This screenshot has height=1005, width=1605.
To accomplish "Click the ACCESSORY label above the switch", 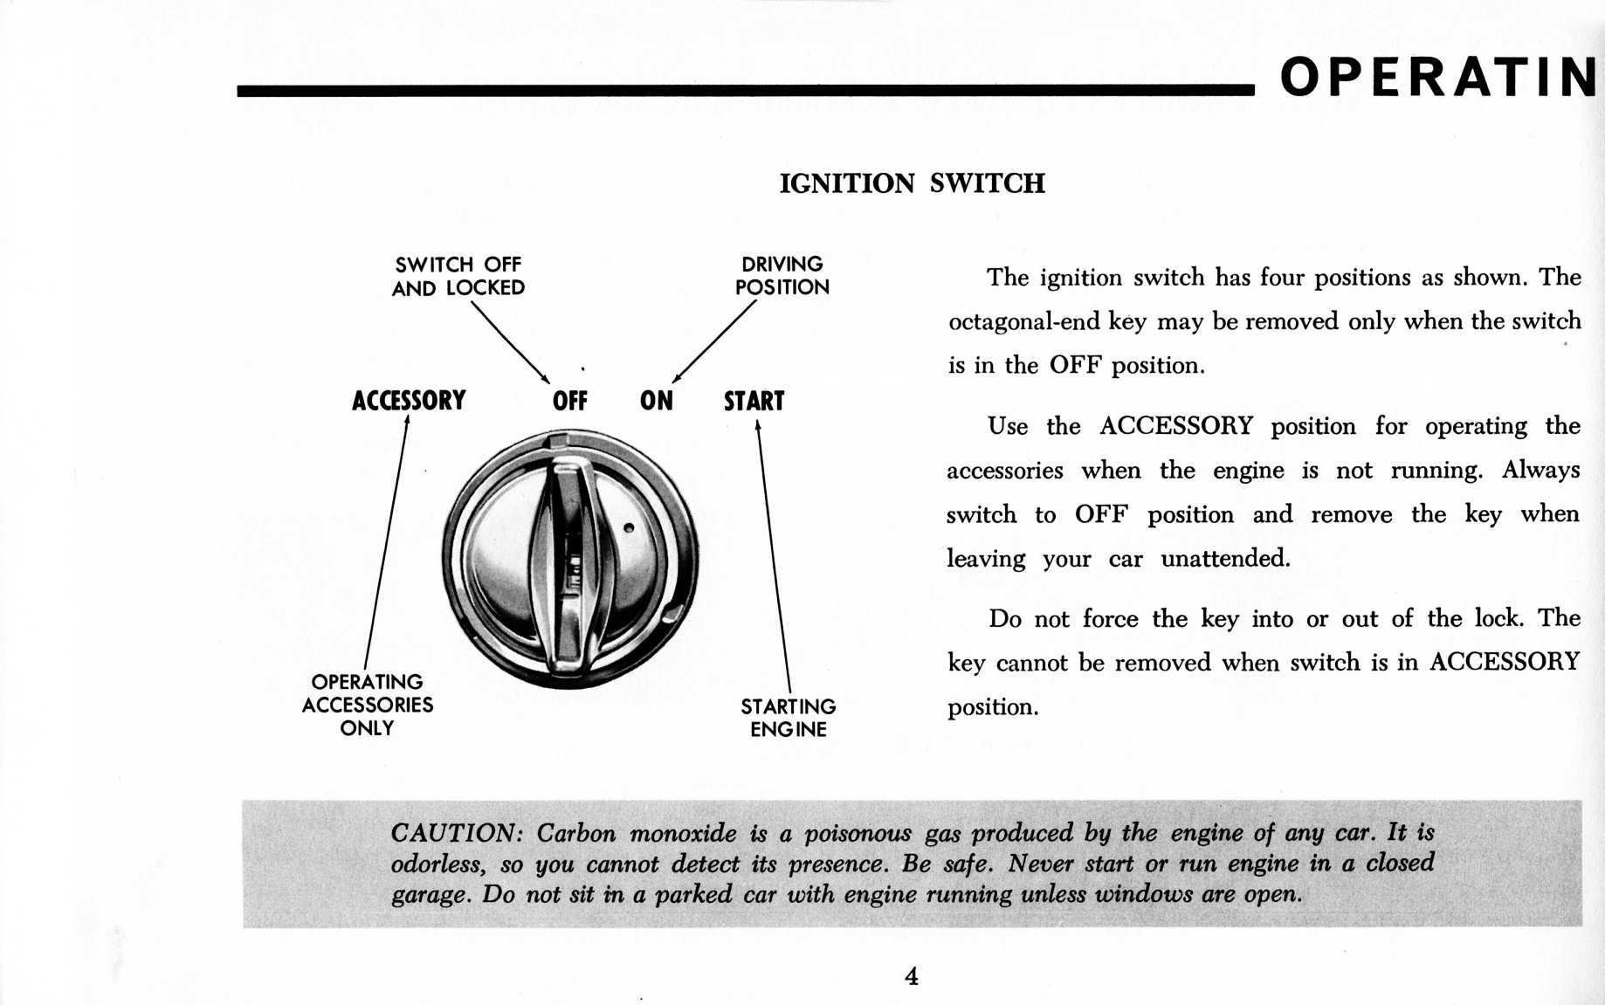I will pos(409,401).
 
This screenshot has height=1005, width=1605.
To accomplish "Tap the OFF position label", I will pos(569,401).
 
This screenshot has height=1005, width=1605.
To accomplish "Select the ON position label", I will pos(656,401).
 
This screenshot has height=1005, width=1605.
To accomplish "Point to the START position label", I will pos(754,401).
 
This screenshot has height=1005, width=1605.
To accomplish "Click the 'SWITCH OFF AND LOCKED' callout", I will pos(458,276).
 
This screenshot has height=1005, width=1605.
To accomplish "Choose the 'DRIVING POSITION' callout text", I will pos(782,275).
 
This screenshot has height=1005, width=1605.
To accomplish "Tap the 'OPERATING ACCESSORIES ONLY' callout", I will pos(368,705).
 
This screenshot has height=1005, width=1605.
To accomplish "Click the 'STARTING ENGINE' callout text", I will pos(788,718).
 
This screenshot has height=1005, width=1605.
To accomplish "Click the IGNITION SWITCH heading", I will pos(912,183).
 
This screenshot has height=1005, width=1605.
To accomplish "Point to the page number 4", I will pos(911,975).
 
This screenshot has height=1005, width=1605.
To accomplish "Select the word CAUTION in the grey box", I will pos(454,833).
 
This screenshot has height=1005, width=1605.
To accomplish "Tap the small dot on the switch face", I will pos(629,528).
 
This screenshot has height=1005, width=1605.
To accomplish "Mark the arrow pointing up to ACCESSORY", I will pos(385,541).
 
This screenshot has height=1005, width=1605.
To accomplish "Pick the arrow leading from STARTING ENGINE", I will pos(774,559).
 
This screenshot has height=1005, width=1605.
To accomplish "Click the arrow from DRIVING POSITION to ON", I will pos(714,341).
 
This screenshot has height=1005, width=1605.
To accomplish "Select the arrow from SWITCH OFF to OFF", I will pos(510,341).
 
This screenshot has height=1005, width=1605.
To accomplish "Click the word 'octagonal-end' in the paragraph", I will pos(1023,321).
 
